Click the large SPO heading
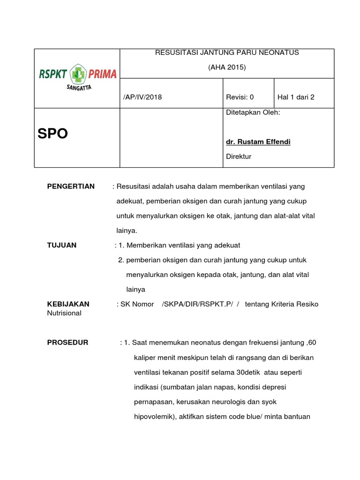[52, 134]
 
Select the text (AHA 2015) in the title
[227, 67]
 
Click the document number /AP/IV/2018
[142, 97]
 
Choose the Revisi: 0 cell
[240, 97]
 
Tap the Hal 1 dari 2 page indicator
[296, 97]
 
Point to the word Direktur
[239, 157]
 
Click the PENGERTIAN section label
[71, 187]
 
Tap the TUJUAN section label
[62, 245]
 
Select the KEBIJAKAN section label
[68, 304]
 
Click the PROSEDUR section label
[67, 343]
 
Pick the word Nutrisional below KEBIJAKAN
[64, 313]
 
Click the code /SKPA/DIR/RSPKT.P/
[197, 304]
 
